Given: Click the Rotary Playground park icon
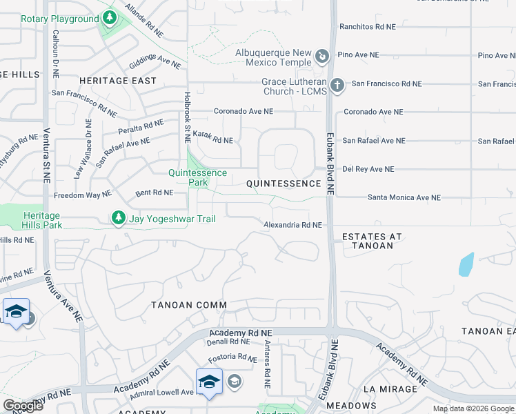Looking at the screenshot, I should point(110,17).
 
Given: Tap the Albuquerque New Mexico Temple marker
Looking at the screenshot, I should point(321,56).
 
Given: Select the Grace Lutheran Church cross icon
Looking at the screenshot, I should point(336,86).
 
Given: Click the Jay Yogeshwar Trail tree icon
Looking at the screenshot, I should point(119,218).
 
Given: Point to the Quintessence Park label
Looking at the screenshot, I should point(198,177).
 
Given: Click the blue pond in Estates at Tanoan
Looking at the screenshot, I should point(466,264).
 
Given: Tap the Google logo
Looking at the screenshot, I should point(22,406).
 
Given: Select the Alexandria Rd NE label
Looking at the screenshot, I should point(292,225).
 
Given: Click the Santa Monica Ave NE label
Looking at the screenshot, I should point(404,197).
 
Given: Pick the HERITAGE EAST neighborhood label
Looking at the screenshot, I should point(117,81).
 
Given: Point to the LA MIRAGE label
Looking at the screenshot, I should point(390,389).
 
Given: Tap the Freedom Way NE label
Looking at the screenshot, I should point(83,195).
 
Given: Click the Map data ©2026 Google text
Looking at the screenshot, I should point(473,408).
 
